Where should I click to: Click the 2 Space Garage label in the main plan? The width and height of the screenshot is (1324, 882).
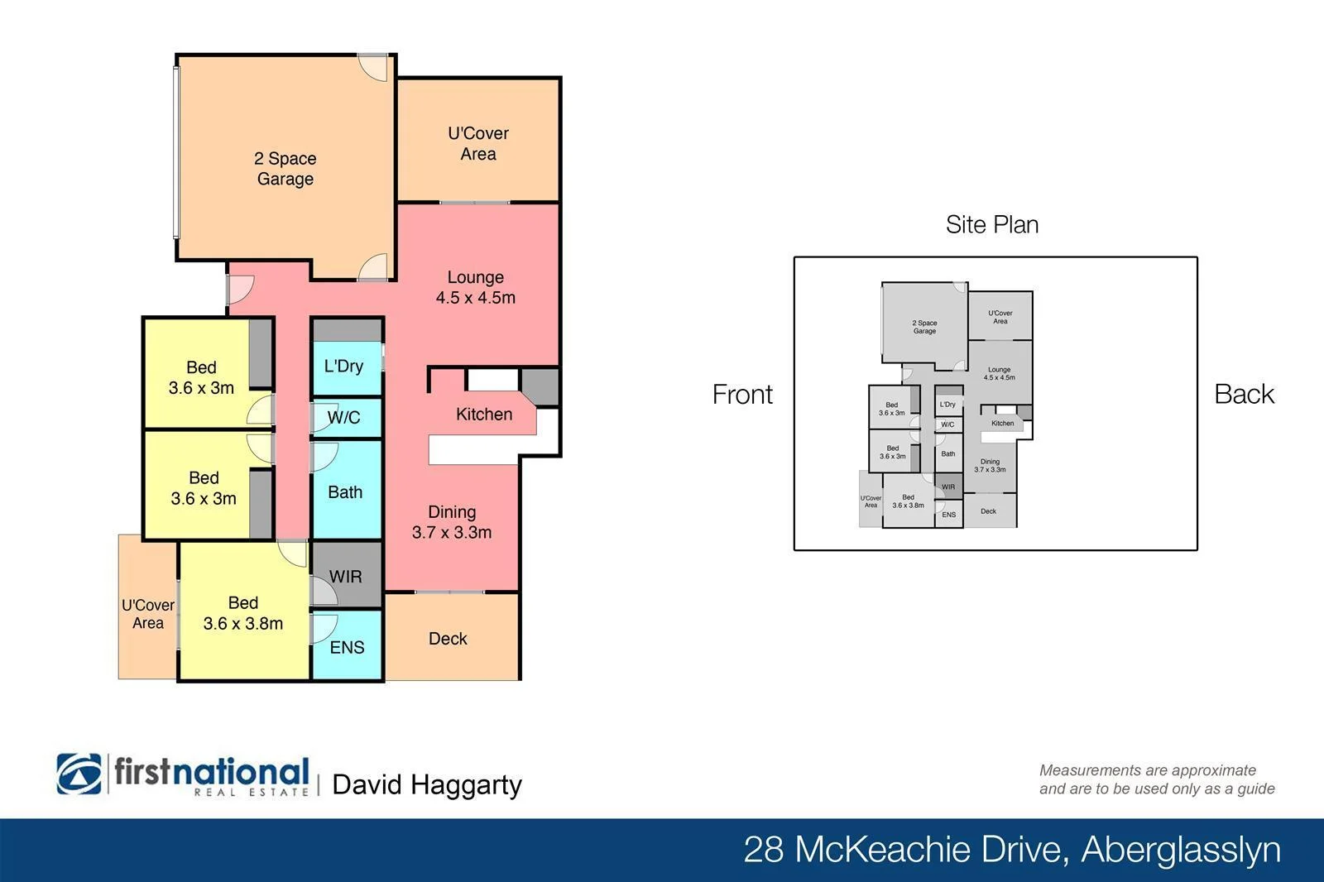(x=285, y=169)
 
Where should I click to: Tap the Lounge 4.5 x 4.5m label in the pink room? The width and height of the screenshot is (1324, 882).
(x=475, y=287)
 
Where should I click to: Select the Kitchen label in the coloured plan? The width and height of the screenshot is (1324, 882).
(x=484, y=415)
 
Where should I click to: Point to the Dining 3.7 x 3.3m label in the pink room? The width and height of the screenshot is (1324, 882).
(x=452, y=522)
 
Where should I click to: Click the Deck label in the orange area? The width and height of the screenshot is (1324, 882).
(x=448, y=639)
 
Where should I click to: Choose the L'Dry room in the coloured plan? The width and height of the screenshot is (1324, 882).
(x=343, y=366)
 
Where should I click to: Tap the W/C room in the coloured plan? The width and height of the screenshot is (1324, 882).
(x=343, y=418)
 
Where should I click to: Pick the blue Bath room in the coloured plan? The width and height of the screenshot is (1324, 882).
(x=345, y=492)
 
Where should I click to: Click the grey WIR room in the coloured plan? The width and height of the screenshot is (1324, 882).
(x=345, y=577)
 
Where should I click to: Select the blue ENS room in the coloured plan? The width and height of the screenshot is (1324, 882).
(x=347, y=647)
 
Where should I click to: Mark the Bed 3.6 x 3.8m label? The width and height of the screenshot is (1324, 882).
(x=243, y=613)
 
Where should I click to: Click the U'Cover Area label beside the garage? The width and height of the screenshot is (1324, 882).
(x=478, y=143)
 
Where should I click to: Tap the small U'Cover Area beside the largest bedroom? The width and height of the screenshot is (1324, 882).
(x=148, y=614)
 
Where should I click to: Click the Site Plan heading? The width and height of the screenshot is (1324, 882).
(x=992, y=225)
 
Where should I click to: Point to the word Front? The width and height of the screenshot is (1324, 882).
(x=742, y=395)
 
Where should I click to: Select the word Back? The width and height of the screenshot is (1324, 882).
(x=1244, y=395)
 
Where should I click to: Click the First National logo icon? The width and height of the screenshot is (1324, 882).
(x=79, y=774)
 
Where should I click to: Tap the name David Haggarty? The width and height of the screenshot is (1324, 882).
(x=427, y=784)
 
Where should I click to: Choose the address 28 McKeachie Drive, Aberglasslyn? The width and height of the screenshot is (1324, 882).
(x=1011, y=850)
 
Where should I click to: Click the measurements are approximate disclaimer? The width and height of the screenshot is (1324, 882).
(x=1156, y=779)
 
